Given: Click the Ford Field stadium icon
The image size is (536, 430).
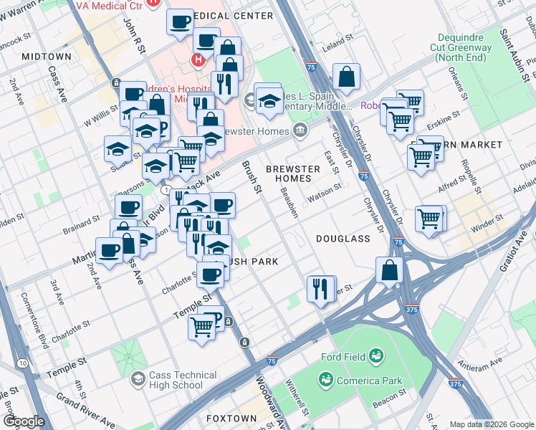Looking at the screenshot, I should (375, 356).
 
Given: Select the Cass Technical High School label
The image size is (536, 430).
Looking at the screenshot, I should (182, 380).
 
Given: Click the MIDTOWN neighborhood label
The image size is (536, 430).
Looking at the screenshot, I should (46, 56).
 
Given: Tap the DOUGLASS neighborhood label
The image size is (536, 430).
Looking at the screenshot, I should (343, 238).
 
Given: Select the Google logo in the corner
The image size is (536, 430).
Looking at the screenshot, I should (23, 421).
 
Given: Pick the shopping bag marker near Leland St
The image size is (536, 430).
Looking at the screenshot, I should (346, 78).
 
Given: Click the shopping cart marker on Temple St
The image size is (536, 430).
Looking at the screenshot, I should (203, 328).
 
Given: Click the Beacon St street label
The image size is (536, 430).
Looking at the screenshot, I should (391, 395).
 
